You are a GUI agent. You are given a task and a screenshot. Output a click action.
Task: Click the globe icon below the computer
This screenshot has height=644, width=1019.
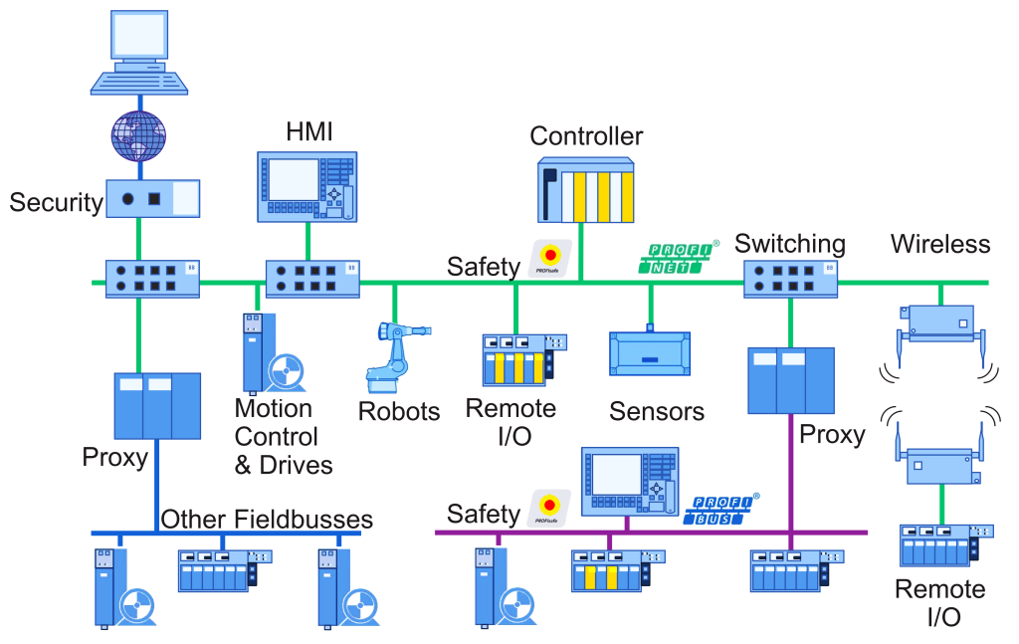pyautogui.click(x=138, y=136)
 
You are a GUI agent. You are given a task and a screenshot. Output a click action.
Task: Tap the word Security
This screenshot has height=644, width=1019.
pyautogui.click(x=57, y=203)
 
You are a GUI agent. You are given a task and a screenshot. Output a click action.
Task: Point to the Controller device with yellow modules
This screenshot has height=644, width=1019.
pyautogui.click(x=585, y=189)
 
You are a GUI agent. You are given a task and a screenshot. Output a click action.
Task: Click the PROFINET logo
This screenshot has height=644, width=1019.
pyautogui.click(x=679, y=258)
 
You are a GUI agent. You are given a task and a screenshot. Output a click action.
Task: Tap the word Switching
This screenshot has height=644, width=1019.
pyautogui.click(x=790, y=244)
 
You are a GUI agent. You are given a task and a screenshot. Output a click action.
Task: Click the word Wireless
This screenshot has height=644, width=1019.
pyautogui.click(x=940, y=244)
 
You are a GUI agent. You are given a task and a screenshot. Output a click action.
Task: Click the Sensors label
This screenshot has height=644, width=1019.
pyautogui.click(x=657, y=411)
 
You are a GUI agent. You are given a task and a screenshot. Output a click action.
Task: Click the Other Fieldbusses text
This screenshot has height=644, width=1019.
pyautogui.click(x=267, y=519)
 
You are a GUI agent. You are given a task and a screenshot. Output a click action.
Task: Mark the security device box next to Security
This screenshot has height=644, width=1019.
pyautogui.click(x=152, y=198)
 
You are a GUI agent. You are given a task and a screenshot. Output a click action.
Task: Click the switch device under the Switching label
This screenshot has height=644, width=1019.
pyautogui.click(x=790, y=279)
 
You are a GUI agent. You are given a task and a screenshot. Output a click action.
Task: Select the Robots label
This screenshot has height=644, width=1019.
pyautogui.click(x=399, y=411)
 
